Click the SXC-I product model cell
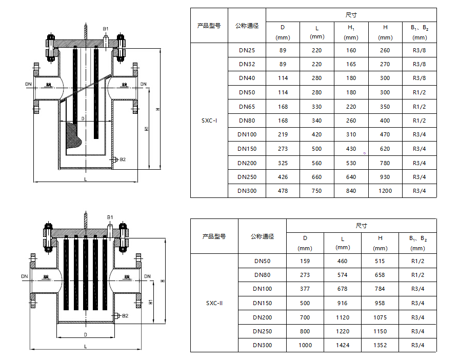[x=209, y=121]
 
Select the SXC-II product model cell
[x=214, y=303]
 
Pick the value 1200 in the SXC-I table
[x=385, y=191]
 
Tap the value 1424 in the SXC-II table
[x=343, y=345]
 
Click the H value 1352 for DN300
[x=380, y=345]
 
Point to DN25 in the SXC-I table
[x=247, y=50]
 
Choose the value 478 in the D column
[x=283, y=191]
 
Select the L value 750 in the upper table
[x=317, y=191]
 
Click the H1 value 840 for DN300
[x=351, y=191]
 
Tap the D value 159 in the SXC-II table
[x=305, y=261]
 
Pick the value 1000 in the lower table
[x=305, y=345]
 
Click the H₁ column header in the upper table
[x=351, y=32]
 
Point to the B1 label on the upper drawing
[x=105, y=29]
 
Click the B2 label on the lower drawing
[x=125, y=316]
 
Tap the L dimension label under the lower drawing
[x=86, y=346]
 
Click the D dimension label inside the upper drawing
[x=83, y=118]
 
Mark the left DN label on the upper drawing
[x=28, y=84]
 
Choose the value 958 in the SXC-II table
[x=380, y=303]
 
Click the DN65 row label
[x=247, y=107]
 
